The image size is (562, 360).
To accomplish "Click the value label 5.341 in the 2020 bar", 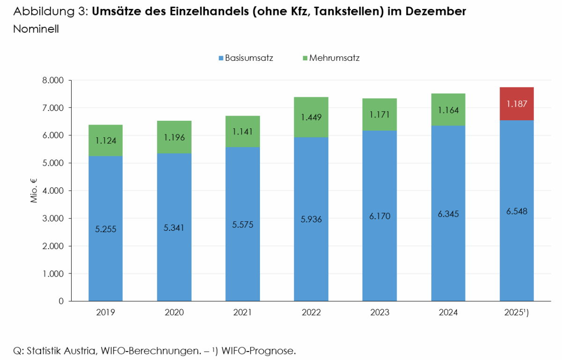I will [x=174, y=228].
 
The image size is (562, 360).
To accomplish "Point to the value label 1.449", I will [x=311, y=117].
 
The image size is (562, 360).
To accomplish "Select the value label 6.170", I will [x=379, y=216].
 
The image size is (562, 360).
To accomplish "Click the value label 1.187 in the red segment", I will [x=517, y=104].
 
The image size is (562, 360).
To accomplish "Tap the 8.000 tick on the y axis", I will [x=52, y=81].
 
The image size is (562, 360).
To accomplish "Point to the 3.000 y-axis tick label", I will [x=52, y=219].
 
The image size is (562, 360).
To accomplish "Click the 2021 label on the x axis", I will [x=243, y=312].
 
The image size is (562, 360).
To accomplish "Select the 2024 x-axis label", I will [x=448, y=312].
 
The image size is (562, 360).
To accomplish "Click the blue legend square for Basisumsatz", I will [x=221, y=59].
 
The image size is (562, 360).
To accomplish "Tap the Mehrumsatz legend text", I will [x=334, y=59].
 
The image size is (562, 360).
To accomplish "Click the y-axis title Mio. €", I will [x=34, y=191].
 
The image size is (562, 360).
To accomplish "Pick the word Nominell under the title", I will [x=36, y=29].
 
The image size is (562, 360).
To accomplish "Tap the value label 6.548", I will [x=517, y=211].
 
